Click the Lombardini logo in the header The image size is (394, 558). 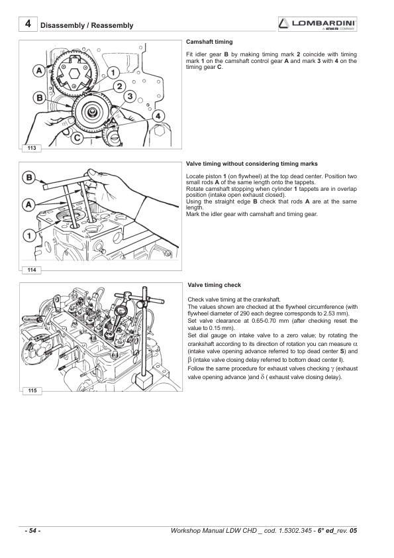318,25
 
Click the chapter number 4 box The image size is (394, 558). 28,25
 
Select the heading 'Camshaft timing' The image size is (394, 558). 209,42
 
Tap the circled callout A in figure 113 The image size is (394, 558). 39,70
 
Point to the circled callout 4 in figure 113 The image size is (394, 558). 158,116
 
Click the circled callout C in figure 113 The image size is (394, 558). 77,137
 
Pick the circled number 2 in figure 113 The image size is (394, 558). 119,86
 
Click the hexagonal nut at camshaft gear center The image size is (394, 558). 75,74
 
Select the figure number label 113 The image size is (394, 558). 32,148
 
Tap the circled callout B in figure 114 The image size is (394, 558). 29,178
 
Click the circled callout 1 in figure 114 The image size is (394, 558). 29,235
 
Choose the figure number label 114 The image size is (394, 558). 32,270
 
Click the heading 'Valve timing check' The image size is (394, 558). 214,285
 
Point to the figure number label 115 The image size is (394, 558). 32,390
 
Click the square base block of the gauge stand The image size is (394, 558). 144,383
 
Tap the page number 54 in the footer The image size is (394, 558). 32,531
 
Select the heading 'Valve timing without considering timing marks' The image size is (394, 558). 252,164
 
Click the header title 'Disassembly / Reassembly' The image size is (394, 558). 87,26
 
